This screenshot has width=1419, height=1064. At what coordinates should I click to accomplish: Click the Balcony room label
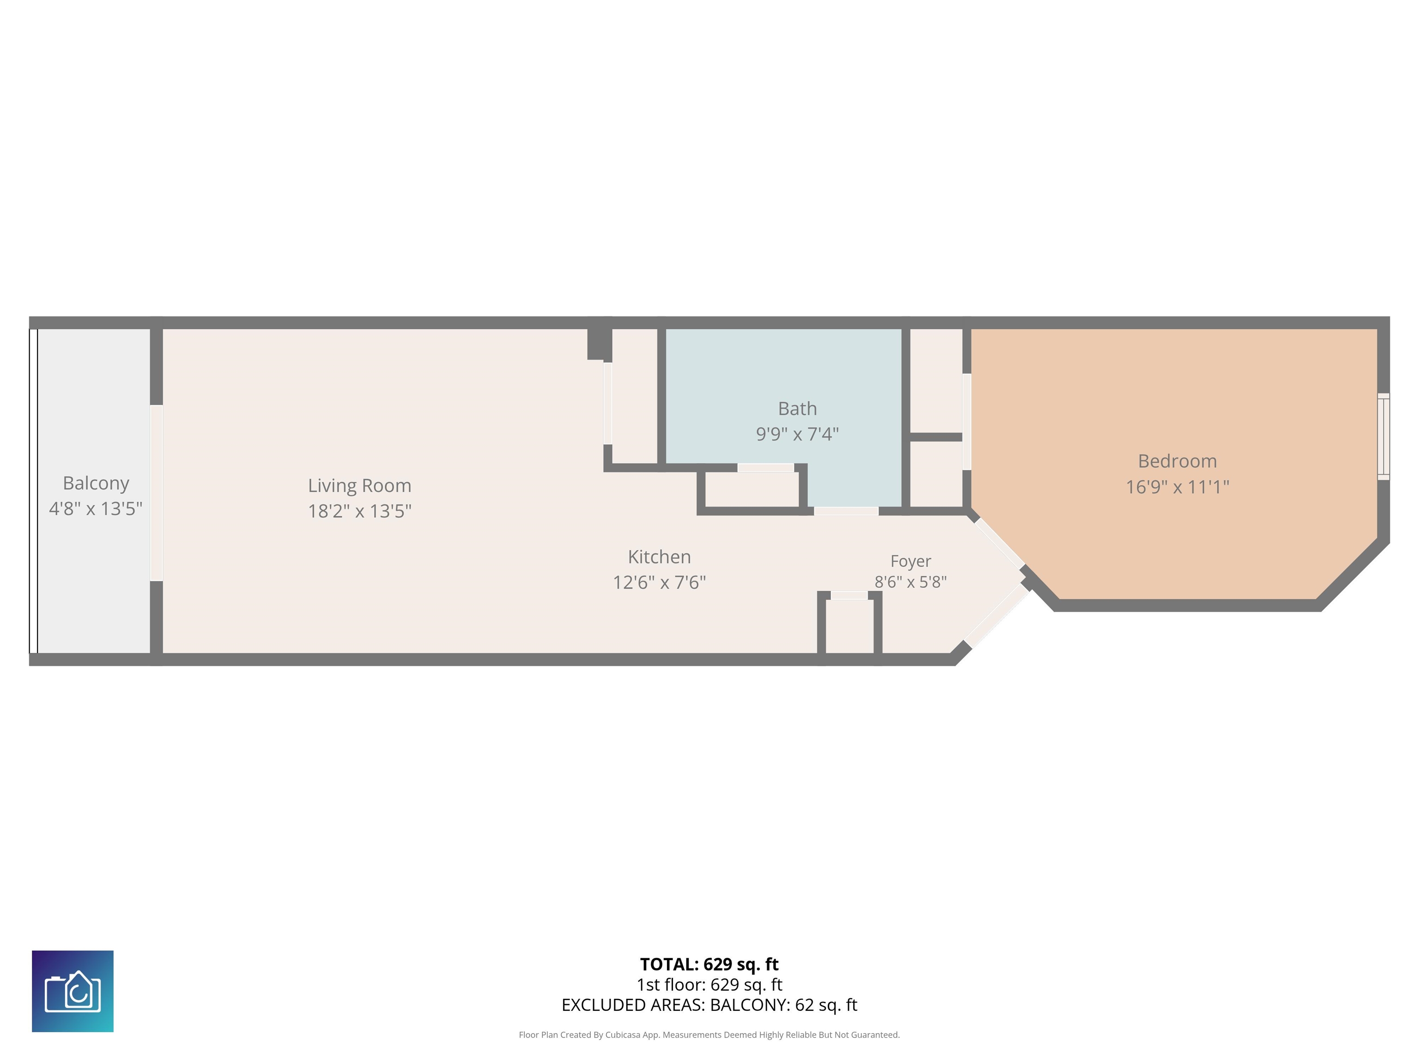click(x=96, y=483)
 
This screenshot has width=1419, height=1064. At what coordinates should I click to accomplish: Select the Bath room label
click(x=797, y=409)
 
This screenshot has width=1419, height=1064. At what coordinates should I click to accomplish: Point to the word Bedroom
click(x=1177, y=461)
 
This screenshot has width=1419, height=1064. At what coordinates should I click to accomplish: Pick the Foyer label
click(x=910, y=561)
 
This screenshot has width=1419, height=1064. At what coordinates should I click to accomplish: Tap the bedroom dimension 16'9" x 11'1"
click(x=1177, y=487)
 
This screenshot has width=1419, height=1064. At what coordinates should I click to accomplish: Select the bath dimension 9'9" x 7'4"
click(x=797, y=434)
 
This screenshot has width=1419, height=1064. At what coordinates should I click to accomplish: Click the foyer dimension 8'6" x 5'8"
click(x=910, y=582)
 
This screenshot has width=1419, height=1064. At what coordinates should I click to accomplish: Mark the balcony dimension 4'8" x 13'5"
click(x=96, y=508)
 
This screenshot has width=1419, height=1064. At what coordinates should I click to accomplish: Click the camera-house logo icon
click(x=73, y=991)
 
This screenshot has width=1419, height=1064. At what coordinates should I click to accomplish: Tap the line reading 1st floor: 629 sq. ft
click(x=709, y=985)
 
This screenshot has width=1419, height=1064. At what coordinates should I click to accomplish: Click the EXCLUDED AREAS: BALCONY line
click(x=709, y=1005)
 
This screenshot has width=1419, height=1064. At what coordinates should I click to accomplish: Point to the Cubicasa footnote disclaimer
click(x=709, y=1034)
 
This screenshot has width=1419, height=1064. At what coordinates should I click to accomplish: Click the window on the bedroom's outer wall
click(x=1384, y=436)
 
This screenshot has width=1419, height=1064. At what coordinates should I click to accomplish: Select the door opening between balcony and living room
click(x=157, y=493)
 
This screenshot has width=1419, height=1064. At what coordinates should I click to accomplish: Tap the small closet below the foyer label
click(x=849, y=626)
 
